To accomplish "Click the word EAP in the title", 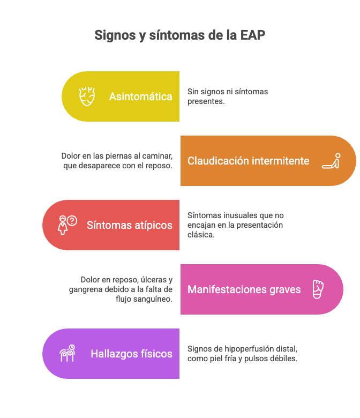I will tap(252, 35).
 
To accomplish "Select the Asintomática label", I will tap(140, 96).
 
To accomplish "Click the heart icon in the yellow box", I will tap(87, 96).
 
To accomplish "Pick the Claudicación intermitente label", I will tap(248, 161).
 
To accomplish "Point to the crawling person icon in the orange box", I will tap(331, 161).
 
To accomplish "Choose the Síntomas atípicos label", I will tap(130, 225).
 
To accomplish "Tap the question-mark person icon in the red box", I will tap(67, 225).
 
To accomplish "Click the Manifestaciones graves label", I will tap(244, 289).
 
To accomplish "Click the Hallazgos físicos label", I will tap(131, 354).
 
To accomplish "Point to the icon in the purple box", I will tap(67, 354).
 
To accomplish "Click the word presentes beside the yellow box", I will tap(205, 101).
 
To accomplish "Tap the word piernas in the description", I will tap(117, 156).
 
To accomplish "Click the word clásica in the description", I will tap(200, 235).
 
